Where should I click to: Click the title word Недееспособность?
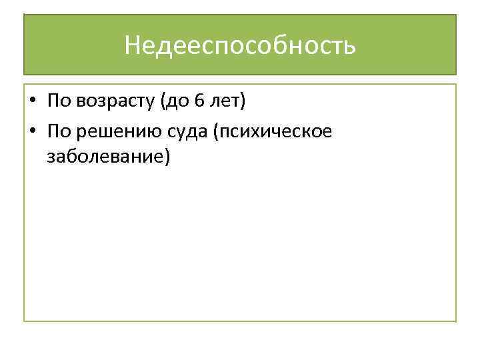pos(240,46)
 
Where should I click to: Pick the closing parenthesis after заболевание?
pos(167,157)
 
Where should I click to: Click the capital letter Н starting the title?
pos(132,46)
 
